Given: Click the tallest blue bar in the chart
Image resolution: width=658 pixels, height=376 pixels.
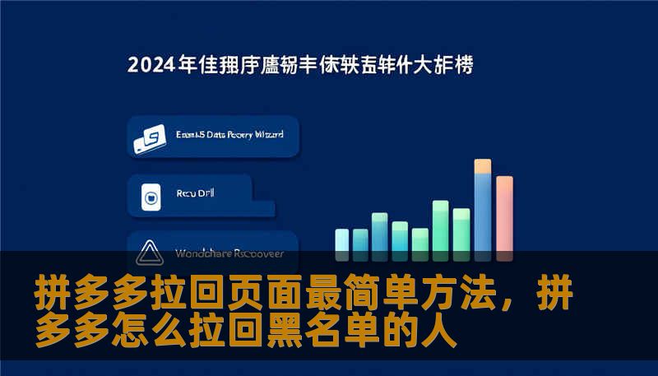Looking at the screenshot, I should point(483,210).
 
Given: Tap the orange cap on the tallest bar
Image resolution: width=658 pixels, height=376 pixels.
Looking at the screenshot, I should point(483,166).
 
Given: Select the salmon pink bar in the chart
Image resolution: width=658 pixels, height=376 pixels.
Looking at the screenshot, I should point(504,213).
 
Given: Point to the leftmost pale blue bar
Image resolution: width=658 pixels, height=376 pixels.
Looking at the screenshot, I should point(342,239).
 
